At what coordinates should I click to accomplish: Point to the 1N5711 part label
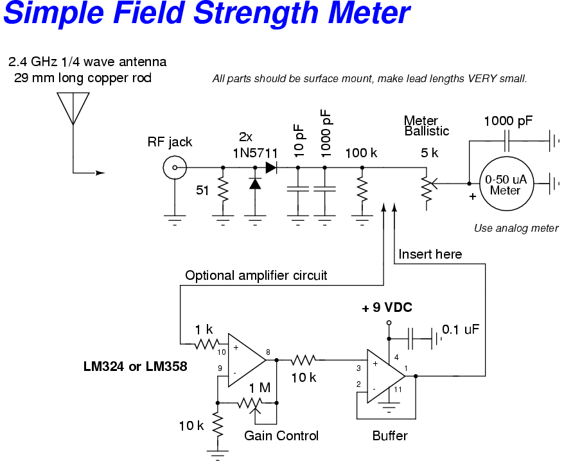pos(254,152)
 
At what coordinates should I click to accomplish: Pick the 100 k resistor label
pos(361,153)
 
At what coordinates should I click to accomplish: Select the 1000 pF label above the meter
pos(508,121)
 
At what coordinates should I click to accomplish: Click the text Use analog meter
pos(516,228)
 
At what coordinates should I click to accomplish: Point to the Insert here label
pos(430,254)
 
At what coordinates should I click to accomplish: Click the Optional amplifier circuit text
pos(256,275)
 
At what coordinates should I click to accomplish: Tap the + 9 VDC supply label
pos(387,308)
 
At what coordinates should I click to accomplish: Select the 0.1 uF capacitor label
pos(461,329)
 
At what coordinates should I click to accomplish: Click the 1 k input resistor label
pos(204,329)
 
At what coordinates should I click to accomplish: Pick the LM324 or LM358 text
pos(135,366)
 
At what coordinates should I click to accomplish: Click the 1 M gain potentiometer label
pos(260,388)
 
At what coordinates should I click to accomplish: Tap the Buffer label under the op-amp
pos(389,436)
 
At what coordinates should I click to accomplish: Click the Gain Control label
pos(281,436)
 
